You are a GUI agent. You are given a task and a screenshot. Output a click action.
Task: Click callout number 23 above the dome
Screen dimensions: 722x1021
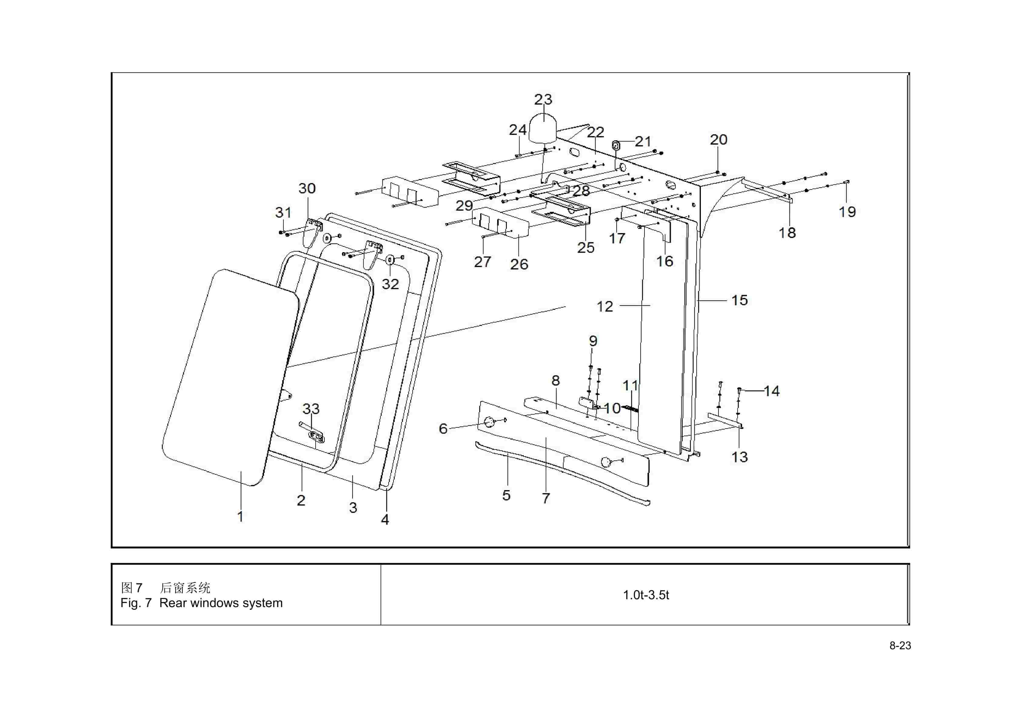coord(543,99)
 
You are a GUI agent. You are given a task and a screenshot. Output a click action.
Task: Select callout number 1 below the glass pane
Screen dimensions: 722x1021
coord(240,516)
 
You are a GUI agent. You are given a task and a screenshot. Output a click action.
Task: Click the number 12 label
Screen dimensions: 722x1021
coord(604,306)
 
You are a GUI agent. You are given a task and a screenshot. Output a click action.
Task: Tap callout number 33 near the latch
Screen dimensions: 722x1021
coord(311,409)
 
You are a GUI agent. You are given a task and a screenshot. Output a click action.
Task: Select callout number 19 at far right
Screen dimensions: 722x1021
coord(847,212)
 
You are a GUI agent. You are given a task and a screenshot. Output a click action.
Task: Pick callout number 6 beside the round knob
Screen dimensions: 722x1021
coord(443,429)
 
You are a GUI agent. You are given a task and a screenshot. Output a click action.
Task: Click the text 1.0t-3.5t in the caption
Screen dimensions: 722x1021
coord(646,595)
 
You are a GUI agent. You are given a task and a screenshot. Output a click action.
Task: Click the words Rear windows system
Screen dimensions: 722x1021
coord(221,603)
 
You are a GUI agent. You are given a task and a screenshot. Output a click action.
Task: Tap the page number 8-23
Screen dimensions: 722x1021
coord(900,646)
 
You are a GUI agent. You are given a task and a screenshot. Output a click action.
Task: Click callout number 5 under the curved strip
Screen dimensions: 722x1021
coord(506,495)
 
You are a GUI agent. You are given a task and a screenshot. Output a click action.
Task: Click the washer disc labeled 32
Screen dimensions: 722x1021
coord(390,259)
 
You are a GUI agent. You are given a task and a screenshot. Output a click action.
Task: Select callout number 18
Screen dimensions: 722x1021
coord(787,232)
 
